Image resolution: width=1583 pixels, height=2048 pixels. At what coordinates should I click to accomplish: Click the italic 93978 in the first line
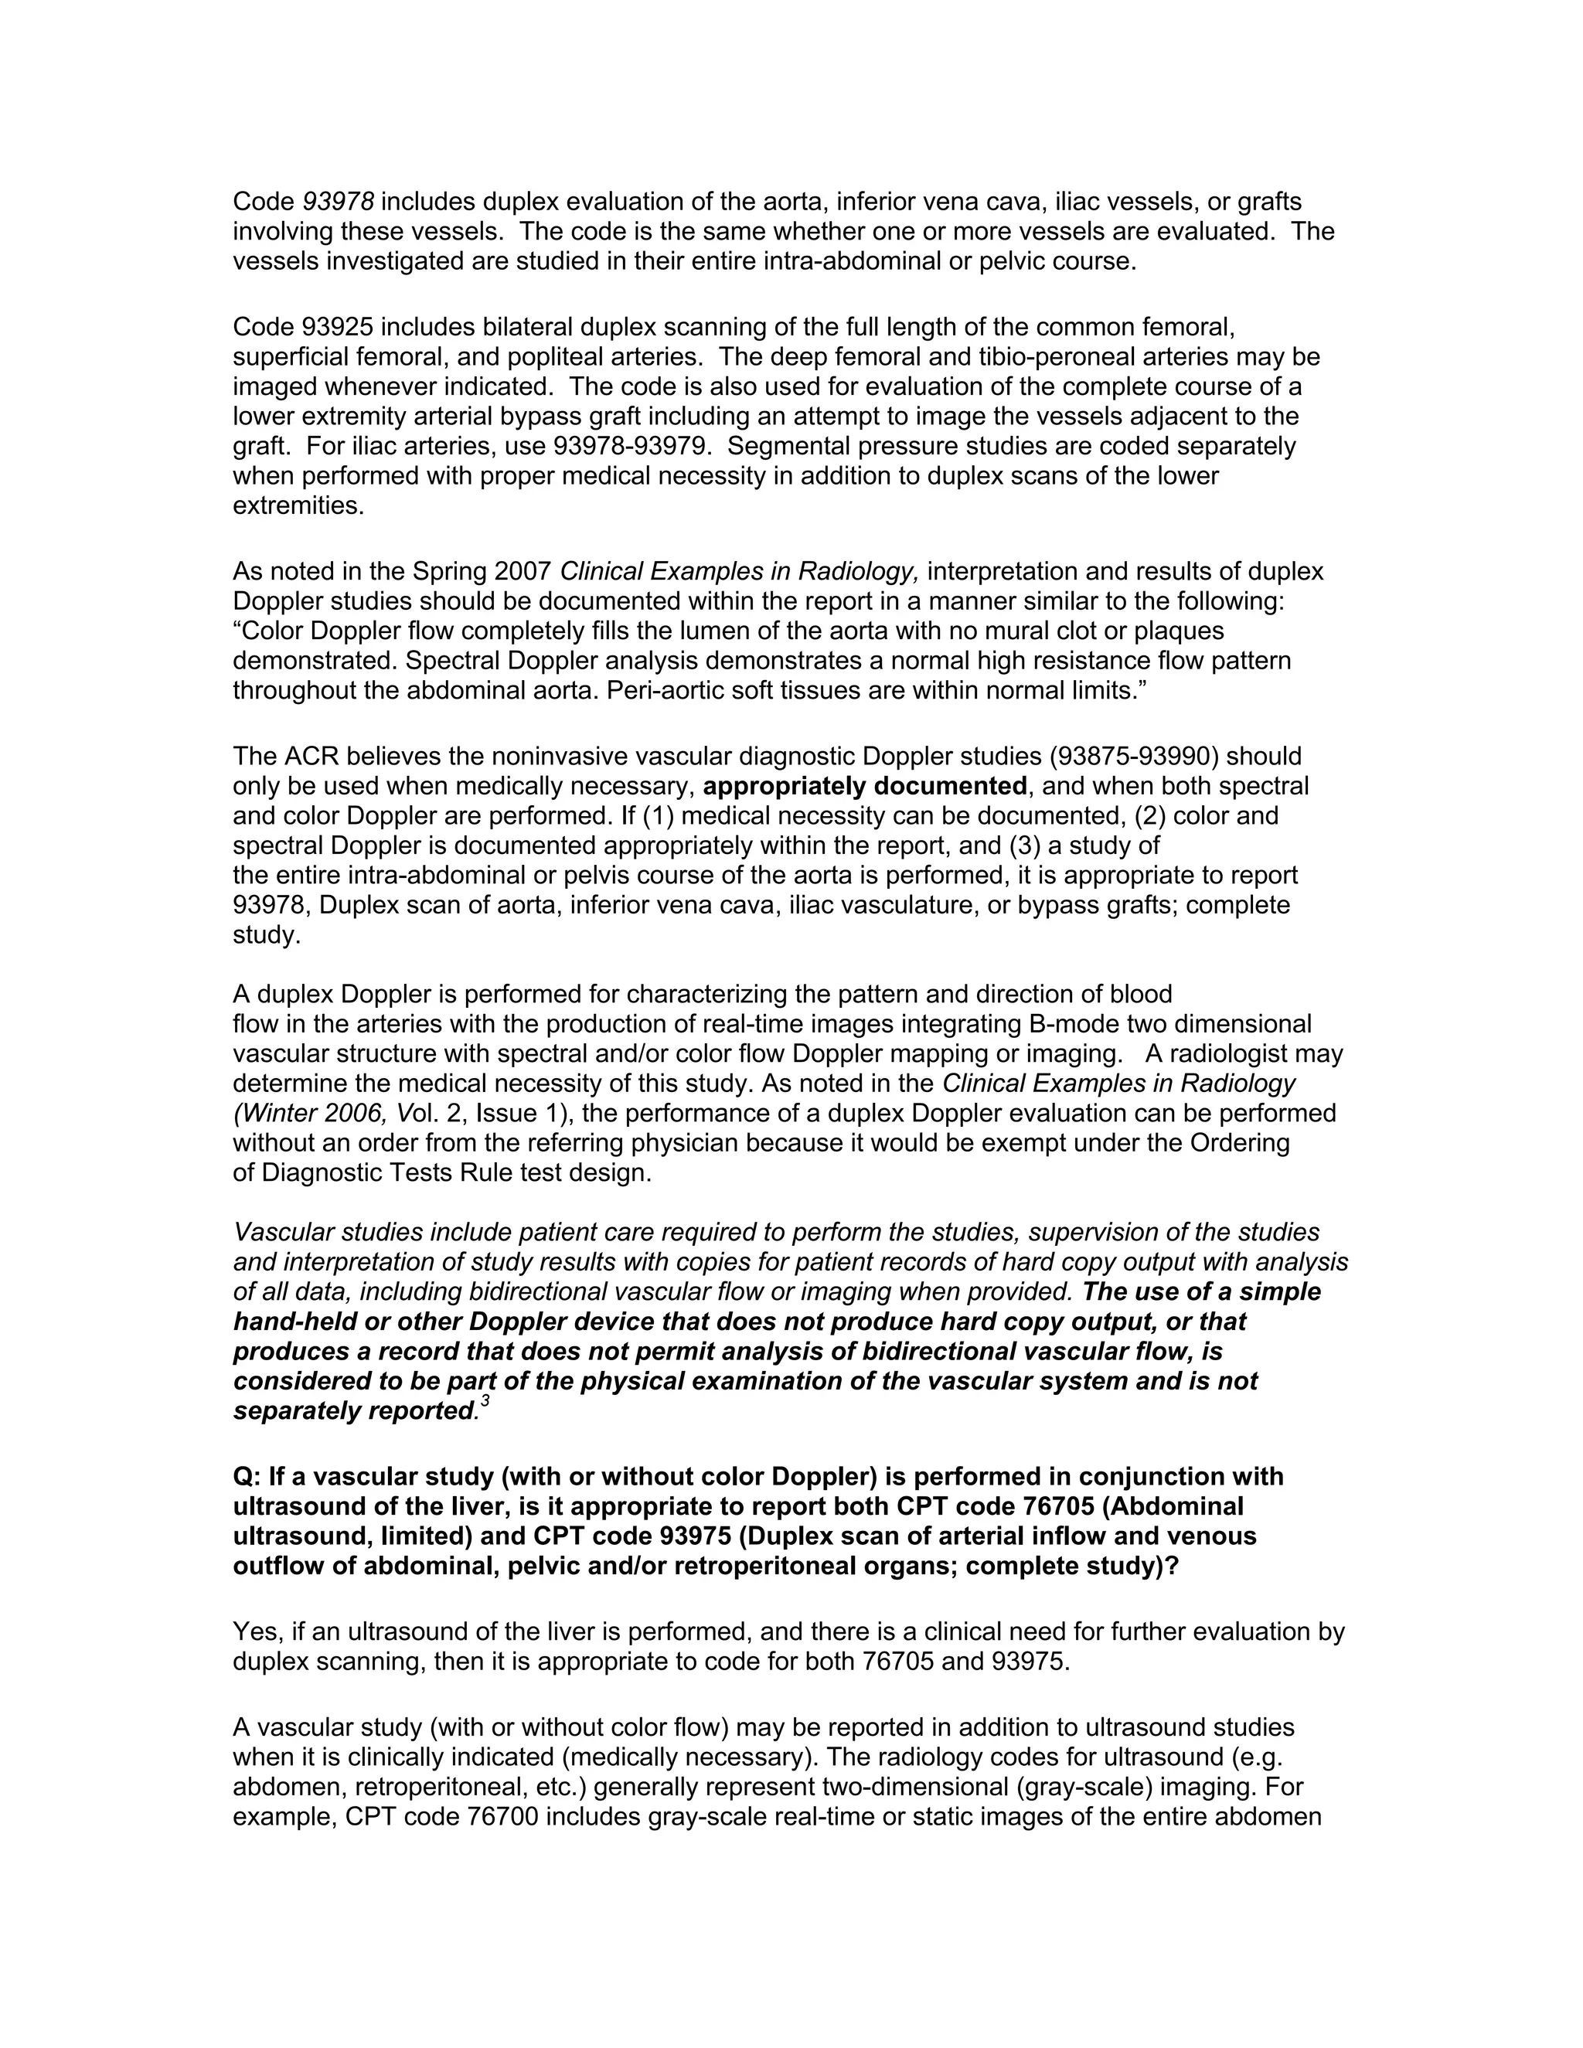(339, 202)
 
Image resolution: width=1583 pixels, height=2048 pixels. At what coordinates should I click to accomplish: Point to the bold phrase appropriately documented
(865, 786)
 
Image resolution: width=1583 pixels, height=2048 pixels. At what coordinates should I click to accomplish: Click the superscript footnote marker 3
(485, 1402)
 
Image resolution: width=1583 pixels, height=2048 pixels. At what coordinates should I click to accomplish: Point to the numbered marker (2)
(1149, 816)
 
